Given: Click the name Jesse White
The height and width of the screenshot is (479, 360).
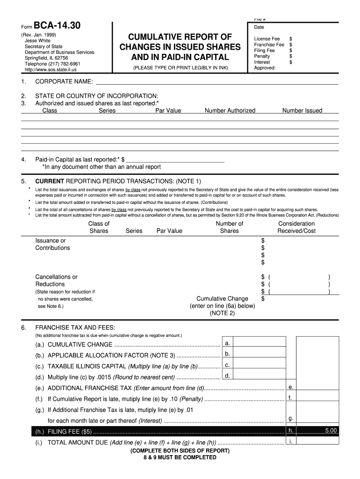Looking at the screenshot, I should point(37,41).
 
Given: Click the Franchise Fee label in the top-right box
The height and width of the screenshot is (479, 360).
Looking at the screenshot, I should point(269,44).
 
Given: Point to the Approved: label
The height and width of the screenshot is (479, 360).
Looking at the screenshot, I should point(265,67).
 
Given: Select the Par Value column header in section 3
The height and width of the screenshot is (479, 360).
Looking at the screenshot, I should point(168,110).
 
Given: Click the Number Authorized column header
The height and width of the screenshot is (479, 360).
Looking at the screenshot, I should point(230,110).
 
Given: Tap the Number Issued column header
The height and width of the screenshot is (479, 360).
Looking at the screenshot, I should point(302,110).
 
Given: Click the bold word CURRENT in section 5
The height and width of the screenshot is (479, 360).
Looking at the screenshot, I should point(50,181).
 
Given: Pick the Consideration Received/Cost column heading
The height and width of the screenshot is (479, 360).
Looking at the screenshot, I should point(296,227).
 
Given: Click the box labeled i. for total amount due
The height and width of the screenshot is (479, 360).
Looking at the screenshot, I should point(317,441).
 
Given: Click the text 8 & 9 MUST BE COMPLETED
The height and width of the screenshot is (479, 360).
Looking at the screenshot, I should point(180,457).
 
